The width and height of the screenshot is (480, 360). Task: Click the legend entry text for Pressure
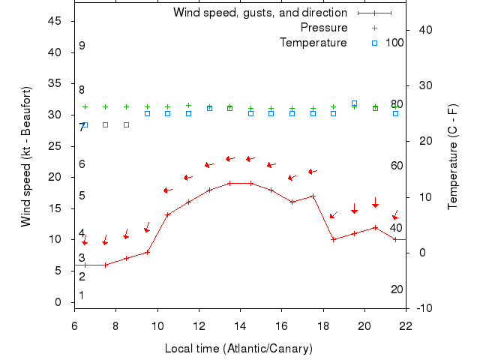pyautogui.click(x=324, y=28)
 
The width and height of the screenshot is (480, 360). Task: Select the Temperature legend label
pyautogui.click(x=313, y=43)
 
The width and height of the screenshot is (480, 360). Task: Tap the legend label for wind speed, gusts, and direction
pyautogui.click(x=260, y=13)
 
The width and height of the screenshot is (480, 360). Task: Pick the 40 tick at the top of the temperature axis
pyautogui.click(x=422, y=30)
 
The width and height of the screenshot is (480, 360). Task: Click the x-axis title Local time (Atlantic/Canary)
pyautogui.click(x=238, y=349)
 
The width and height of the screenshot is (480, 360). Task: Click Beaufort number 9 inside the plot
pyautogui.click(x=82, y=46)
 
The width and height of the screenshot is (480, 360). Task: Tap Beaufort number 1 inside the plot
pyautogui.click(x=82, y=295)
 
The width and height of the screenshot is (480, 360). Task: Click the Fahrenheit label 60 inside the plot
pyautogui.click(x=397, y=166)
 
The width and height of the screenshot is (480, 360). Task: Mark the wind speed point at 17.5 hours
pyautogui.click(x=313, y=196)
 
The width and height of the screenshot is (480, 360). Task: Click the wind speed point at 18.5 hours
pyautogui.click(x=334, y=239)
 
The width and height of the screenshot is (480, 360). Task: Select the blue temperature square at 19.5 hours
pyautogui.click(x=354, y=103)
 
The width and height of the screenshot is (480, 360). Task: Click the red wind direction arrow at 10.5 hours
pyautogui.click(x=168, y=190)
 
